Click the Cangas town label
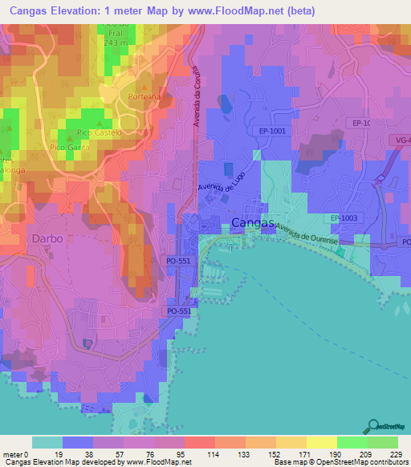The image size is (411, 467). [x=253, y=222]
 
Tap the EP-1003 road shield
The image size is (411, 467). [x=346, y=217]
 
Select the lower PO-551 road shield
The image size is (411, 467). [x=179, y=311]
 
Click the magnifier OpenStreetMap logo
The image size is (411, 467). [x=374, y=428]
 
